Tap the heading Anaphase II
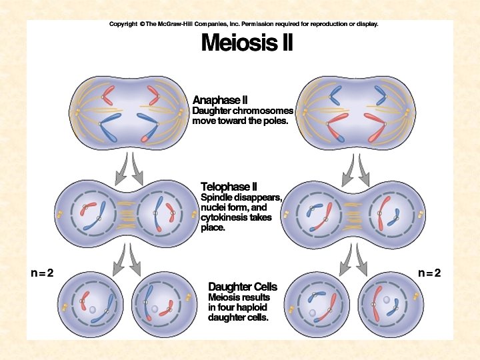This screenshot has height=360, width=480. click(221, 100)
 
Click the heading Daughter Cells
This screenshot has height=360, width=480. click(243, 287)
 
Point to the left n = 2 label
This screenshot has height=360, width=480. click(42, 273)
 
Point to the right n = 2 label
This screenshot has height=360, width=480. click(429, 273)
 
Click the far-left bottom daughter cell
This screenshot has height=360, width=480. click(91, 305)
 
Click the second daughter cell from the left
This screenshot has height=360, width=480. click(157, 305)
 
